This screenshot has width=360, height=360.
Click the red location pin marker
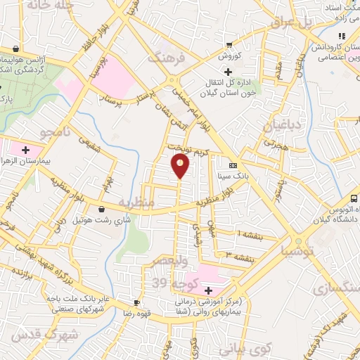(x=181, y=165)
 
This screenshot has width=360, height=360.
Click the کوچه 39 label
(x=169, y=282)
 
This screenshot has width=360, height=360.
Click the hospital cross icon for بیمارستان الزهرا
(x=26, y=150)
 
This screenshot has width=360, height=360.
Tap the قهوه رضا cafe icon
(x=137, y=303)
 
